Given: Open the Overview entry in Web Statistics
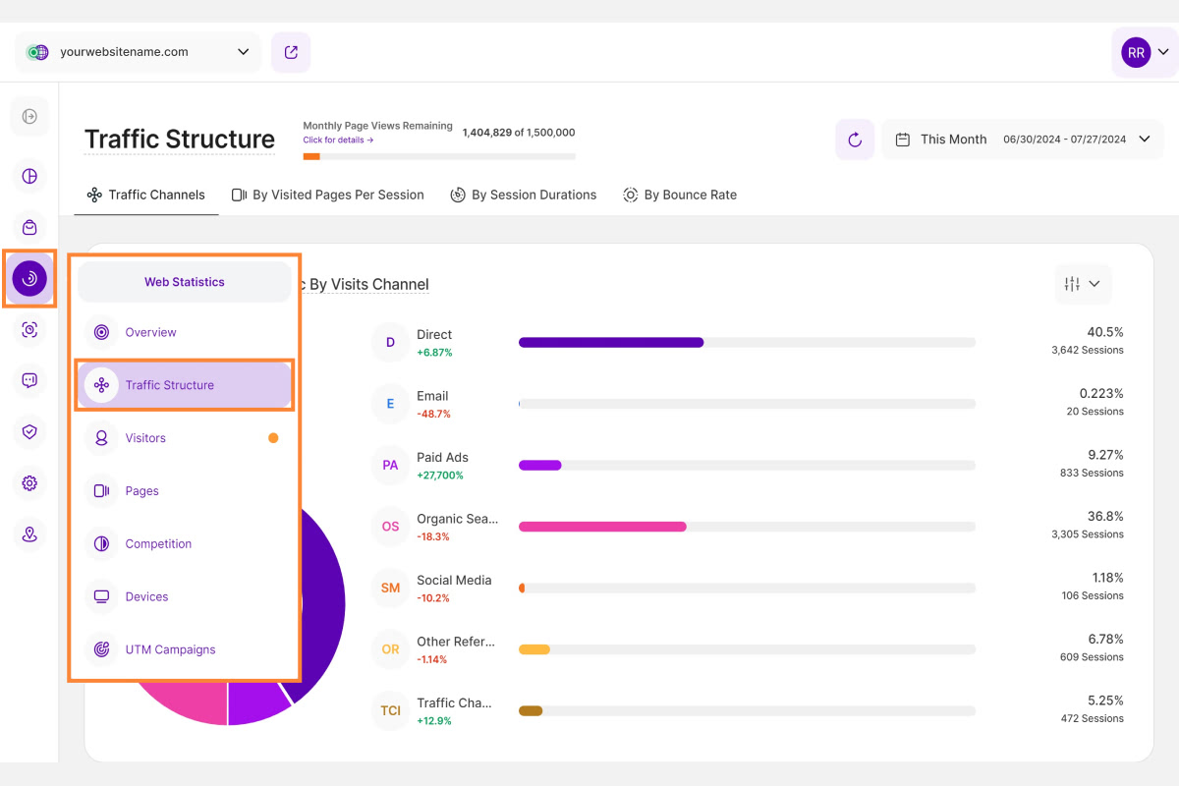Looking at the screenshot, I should click(150, 332).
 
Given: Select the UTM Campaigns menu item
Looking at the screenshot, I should click(170, 649).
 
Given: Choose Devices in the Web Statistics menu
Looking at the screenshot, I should click(146, 596).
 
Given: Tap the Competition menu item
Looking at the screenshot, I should click(158, 543).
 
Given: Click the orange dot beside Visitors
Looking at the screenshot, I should click(273, 438).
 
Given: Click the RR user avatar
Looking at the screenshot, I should click(1136, 52).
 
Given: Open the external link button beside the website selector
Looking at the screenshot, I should click(291, 52).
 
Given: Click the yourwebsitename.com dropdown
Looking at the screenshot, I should click(139, 52).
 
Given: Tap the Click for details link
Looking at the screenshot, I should click(338, 140).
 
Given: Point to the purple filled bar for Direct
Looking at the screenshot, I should click(611, 342).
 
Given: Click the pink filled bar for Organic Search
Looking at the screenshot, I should click(602, 527).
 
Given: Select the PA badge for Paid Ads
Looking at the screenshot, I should click(390, 465).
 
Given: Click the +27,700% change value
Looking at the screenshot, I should click(440, 476).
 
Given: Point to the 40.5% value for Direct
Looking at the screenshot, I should click(1104, 332).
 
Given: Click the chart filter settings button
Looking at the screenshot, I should click(1082, 284).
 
